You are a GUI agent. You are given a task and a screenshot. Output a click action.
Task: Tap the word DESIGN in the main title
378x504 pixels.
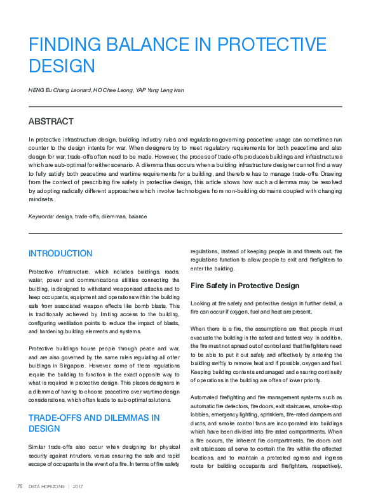[62, 65]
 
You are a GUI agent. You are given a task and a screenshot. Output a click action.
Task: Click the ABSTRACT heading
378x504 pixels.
[51, 121]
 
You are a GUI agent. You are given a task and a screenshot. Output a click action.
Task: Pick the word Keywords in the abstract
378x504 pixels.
[41, 216]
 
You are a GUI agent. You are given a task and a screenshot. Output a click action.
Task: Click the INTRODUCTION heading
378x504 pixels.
[60, 253]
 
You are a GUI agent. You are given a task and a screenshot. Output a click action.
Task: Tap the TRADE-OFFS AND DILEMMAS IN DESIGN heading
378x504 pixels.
[93, 423]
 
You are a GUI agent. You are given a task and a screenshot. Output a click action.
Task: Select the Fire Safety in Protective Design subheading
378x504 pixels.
[245, 286]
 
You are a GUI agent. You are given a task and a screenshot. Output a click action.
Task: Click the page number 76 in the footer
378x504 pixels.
[20, 486]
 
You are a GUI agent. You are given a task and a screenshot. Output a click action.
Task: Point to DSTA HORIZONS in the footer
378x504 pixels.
[46, 486]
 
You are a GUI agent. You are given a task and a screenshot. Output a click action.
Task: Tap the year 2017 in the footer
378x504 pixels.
[79, 486]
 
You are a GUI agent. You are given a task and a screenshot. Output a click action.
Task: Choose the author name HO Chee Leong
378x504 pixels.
[113, 90]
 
